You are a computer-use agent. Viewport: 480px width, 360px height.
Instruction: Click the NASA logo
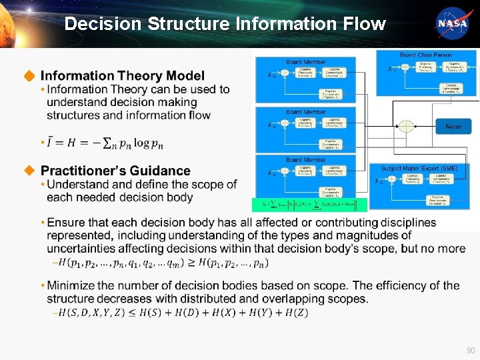pyautogui.click(x=453, y=24)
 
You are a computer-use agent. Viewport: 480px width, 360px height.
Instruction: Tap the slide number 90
pyautogui.click(x=471, y=350)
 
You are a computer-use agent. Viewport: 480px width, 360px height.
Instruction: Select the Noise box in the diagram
pyautogui.click(x=453, y=126)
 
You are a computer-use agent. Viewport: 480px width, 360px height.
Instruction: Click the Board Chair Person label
pyautogui.click(x=425, y=55)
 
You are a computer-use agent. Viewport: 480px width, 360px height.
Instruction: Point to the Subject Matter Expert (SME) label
pyautogui.click(x=419, y=169)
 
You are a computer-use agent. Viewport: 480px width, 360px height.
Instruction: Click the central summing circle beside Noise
pyautogui.click(x=406, y=126)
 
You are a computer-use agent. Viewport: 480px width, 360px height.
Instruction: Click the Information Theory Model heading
pyautogui.click(x=122, y=76)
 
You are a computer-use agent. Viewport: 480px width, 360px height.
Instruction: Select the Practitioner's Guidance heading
pyautogui.click(x=115, y=171)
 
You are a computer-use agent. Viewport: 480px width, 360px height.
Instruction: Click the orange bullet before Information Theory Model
pyautogui.click(x=29, y=76)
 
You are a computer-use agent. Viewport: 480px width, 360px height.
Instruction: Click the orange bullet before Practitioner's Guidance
pyautogui.click(x=29, y=171)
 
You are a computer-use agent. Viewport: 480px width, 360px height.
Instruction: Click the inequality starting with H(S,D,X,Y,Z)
pyautogui.click(x=183, y=313)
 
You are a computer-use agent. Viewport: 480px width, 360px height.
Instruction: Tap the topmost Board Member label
pyautogui.click(x=305, y=62)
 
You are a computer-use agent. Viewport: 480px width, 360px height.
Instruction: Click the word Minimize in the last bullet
pyautogui.click(x=70, y=285)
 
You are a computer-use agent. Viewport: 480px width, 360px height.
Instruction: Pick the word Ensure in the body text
pyautogui.click(x=65, y=222)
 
